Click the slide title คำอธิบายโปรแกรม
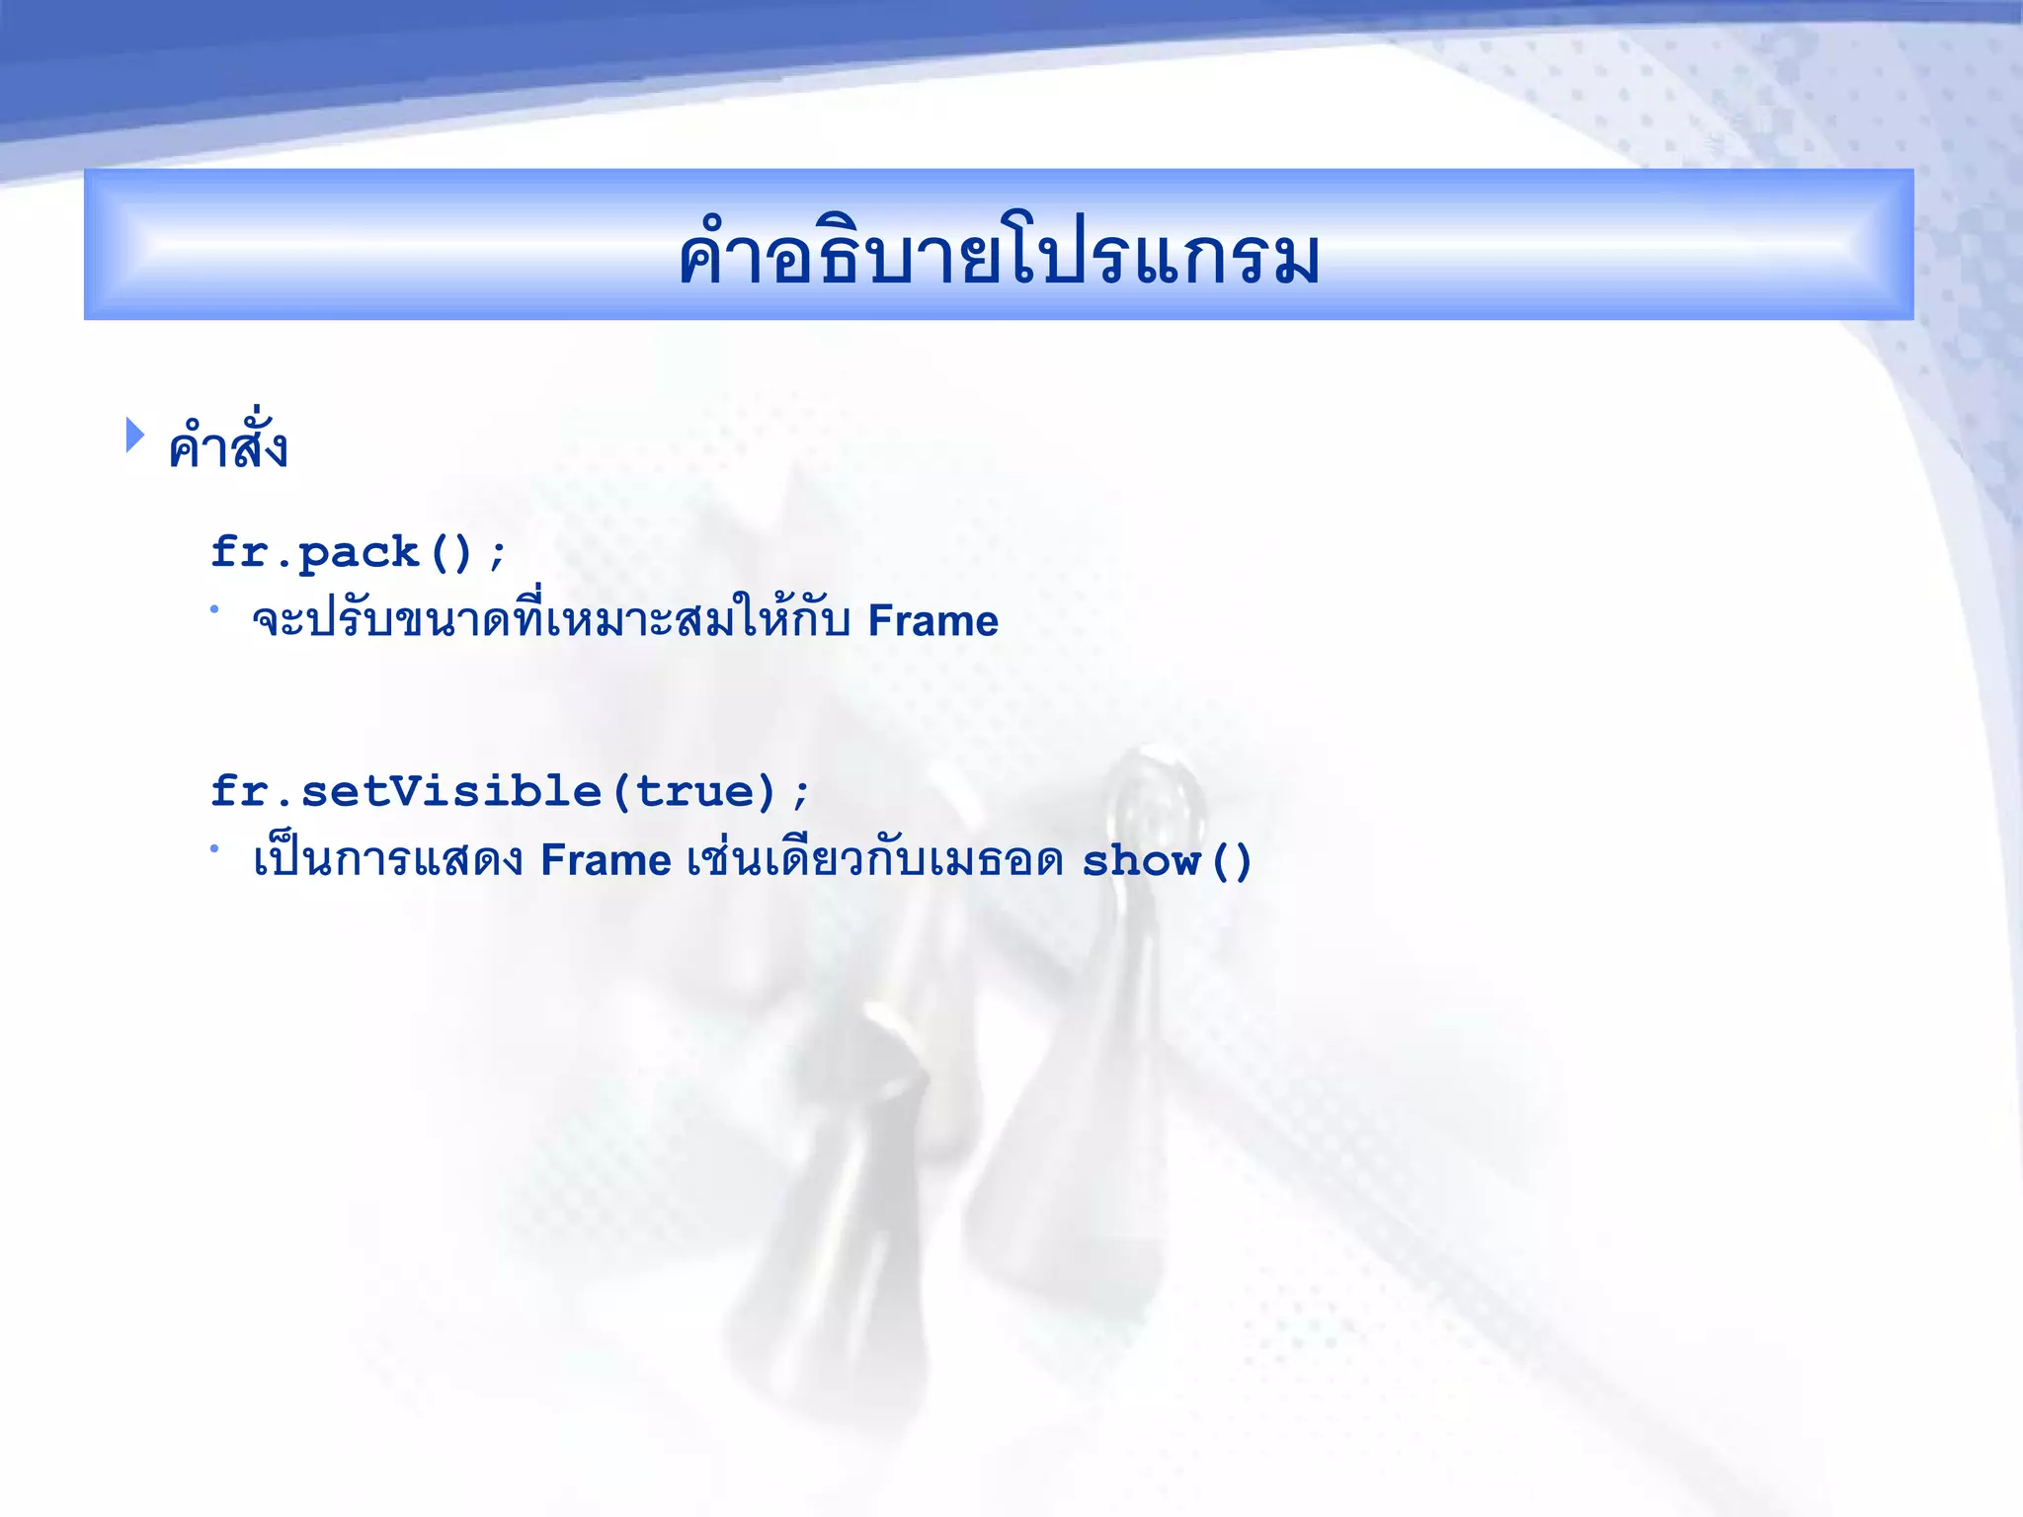(x=999, y=254)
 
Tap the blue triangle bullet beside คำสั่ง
(x=135, y=436)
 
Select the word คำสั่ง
(x=228, y=446)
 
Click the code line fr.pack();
(x=359, y=552)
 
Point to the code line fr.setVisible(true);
(x=510, y=791)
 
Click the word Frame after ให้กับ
(x=932, y=621)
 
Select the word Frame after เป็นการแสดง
(x=606, y=860)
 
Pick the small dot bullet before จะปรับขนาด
(x=213, y=609)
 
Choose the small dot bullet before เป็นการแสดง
(x=213, y=847)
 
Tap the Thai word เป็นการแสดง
(x=387, y=860)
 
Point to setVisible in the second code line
(x=451, y=791)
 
